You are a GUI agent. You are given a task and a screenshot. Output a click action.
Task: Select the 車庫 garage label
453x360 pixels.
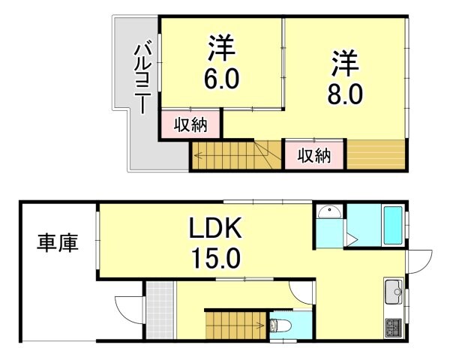(x=58, y=244)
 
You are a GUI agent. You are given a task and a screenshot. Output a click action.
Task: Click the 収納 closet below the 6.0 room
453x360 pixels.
(x=190, y=124)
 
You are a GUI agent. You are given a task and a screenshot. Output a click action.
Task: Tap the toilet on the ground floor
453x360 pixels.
(x=278, y=326)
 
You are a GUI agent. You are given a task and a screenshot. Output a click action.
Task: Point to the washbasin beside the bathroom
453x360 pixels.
(x=328, y=214)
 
